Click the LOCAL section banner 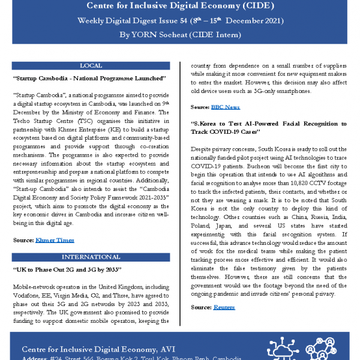(91, 65)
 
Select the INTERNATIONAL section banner (91, 257)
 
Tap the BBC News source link (225, 107)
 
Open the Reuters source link (224, 307)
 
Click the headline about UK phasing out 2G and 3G (67, 270)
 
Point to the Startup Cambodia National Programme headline (89, 79)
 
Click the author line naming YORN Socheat (179, 35)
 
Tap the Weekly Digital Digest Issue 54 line (179, 20)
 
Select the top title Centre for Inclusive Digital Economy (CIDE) (179, 6)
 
